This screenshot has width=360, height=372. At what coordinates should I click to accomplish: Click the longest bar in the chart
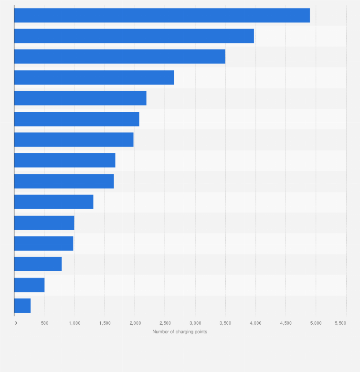tap(162, 15)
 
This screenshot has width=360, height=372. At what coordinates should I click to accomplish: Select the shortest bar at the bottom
tap(22, 306)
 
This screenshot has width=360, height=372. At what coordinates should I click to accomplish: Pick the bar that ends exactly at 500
tap(29, 285)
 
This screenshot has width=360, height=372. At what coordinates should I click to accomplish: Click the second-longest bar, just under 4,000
tap(134, 36)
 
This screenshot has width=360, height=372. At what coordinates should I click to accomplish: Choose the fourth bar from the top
tap(94, 77)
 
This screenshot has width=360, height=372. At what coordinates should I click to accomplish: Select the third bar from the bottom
tap(38, 264)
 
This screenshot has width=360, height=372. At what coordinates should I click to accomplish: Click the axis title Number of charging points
tap(180, 332)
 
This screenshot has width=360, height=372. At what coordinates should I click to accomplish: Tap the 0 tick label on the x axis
tap(15, 323)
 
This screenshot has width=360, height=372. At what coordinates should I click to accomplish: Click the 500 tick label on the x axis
tap(44, 323)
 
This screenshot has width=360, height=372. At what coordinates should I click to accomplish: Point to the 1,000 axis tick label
tap(74, 323)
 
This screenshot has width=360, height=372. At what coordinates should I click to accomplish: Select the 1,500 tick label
tap(105, 323)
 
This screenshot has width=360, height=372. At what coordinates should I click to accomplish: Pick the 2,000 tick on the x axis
tap(135, 323)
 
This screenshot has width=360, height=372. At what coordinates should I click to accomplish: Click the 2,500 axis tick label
tap(165, 323)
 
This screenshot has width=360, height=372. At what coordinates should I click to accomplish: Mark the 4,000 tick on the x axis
tap(255, 323)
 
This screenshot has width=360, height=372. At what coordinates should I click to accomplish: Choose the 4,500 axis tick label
tap(286, 323)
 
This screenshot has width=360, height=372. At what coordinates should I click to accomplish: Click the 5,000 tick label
tap(316, 323)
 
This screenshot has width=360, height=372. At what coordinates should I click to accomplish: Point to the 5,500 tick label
tap(340, 323)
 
